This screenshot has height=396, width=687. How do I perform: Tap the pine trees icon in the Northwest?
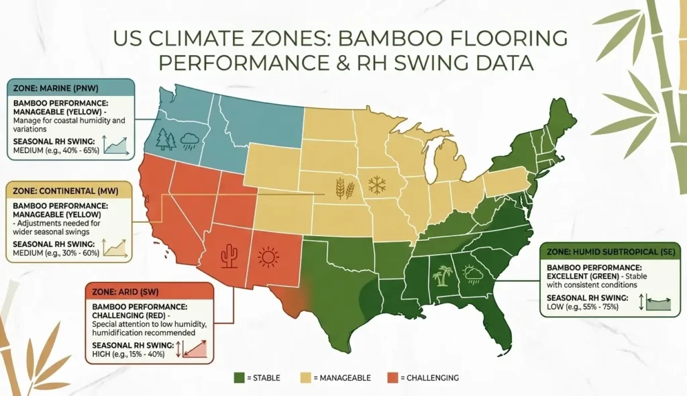(166, 139)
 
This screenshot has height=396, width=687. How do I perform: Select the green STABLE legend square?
(240, 378)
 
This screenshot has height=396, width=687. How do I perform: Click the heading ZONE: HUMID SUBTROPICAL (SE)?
(611, 252)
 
